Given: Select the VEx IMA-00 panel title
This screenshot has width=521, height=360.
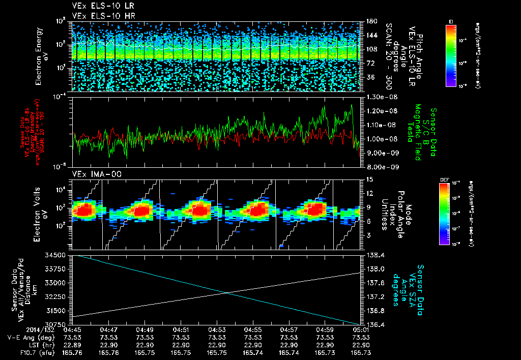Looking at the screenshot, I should pyautogui.click(x=93, y=174).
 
